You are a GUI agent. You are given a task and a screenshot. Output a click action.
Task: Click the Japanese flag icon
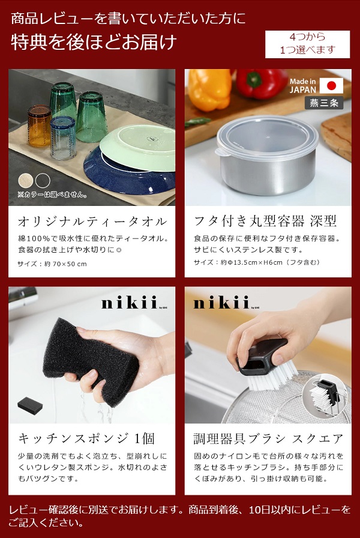click(331, 85)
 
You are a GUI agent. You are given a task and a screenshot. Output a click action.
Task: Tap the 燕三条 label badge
click(324, 103)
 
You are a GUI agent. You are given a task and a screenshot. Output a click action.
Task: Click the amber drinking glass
click(39, 125)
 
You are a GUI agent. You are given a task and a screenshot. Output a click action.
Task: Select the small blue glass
click(63, 138)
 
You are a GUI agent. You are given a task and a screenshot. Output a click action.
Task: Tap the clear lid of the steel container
click(267, 136)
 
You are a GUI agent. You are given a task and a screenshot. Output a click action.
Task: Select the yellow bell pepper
click(209, 89)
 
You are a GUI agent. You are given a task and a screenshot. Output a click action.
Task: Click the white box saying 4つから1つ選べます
click(308, 44)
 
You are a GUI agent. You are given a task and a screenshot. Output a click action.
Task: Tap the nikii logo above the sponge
click(129, 303)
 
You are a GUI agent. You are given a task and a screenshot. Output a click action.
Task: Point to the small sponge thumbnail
click(30, 405)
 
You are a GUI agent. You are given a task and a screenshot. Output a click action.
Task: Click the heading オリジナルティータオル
click(92, 222)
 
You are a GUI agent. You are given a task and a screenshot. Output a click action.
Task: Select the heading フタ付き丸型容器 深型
click(265, 222)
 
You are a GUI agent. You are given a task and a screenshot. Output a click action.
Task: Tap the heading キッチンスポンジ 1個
click(86, 438)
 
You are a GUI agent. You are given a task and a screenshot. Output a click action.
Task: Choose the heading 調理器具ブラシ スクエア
click(268, 438)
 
